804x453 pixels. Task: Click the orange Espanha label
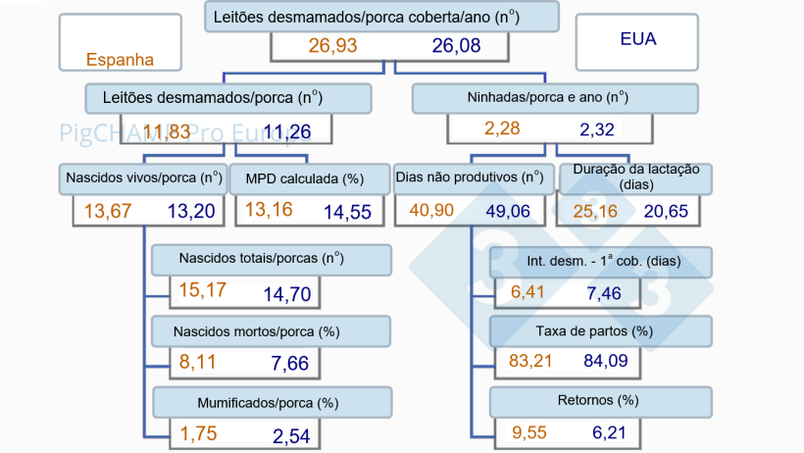click(x=121, y=59)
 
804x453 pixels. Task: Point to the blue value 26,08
click(x=456, y=47)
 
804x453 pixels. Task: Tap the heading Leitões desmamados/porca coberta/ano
click(x=382, y=17)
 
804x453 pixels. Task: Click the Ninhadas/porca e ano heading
click(x=555, y=98)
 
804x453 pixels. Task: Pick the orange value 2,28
click(x=502, y=128)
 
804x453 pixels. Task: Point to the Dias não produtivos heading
click(x=469, y=178)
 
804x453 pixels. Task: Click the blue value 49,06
click(x=510, y=211)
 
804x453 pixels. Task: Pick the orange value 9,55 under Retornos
click(x=530, y=432)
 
